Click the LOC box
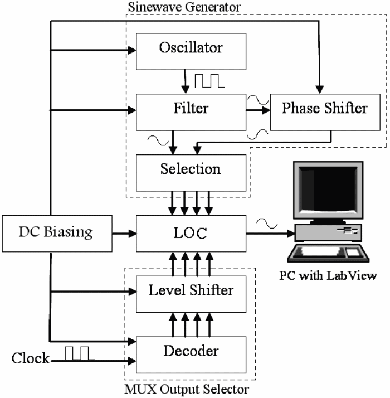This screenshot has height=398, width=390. (x=191, y=234)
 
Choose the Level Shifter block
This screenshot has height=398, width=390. (x=191, y=290)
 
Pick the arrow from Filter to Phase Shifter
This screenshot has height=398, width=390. (x=257, y=110)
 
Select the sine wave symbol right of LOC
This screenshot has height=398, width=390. (x=266, y=225)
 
